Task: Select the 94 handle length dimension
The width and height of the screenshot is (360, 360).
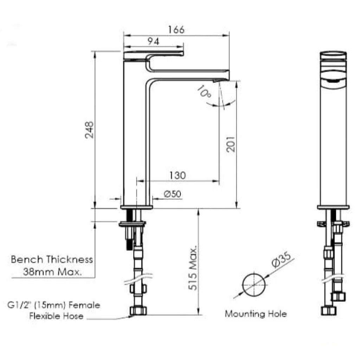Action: pyautogui.click(x=153, y=41)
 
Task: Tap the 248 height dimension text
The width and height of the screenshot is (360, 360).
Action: pyautogui.click(x=89, y=130)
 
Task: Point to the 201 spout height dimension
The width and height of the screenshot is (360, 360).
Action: pyautogui.click(x=230, y=144)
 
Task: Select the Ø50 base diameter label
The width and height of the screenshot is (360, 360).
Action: pyautogui.click(x=172, y=194)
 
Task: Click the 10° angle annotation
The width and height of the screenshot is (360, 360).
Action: pyautogui.click(x=204, y=92)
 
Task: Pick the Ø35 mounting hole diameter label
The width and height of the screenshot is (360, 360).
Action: pyautogui.click(x=281, y=262)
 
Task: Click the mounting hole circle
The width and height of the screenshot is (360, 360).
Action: pyautogui.click(x=254, y=284)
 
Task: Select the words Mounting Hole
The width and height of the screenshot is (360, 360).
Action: pyautogui.click(x=256, y=314)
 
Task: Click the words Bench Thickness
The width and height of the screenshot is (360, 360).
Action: pyautogui.click(x=52, y=260)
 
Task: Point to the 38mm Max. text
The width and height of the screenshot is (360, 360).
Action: pyautogui.click(x=52, y=272)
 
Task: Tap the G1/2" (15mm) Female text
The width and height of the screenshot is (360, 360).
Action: pyautogui.click(x=53, y=305)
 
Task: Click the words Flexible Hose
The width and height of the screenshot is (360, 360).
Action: pyautogui.click(x=56, y=316)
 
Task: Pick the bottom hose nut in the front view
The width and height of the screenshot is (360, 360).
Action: pyautogui.click(x=329, y=310)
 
